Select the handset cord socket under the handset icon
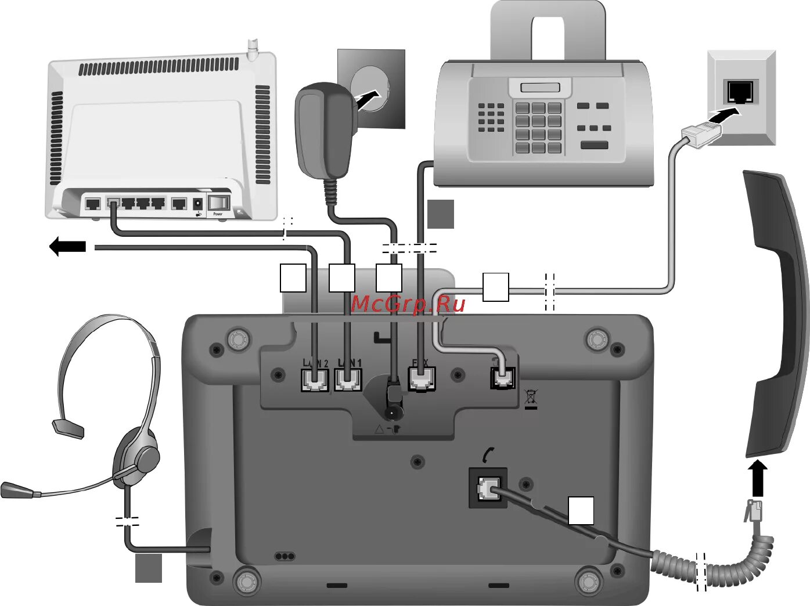[487, 489]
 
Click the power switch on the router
[219, 203]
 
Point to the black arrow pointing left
[67, 247]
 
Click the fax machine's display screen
[540, 88]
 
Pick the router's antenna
[252, 49]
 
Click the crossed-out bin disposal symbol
[530, 397]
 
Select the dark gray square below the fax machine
[440, 214]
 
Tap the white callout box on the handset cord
[580, 510]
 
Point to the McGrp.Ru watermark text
[408, 304]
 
